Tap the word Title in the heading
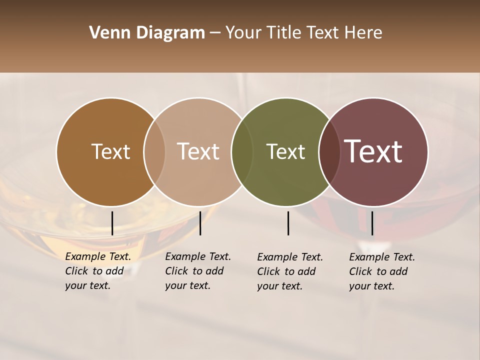284,33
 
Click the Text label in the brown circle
110,151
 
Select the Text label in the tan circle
198,151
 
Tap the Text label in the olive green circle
286,151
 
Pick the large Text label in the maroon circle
373,151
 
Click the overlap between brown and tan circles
154,151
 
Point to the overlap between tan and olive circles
242,151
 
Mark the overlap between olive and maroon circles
329,151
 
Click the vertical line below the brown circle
112,223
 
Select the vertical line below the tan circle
200,223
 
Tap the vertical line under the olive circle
288,223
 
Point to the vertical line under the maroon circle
372,223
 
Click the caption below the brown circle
97,271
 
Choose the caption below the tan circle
197,271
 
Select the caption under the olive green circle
289,271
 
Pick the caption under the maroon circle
381,271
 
